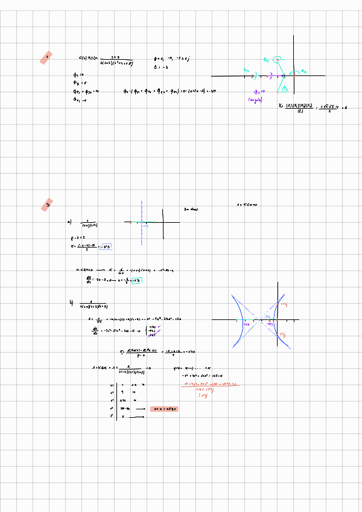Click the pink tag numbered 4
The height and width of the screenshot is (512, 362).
(x=46, y=58)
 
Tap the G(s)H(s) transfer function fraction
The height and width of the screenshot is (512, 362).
(x=110, y=59)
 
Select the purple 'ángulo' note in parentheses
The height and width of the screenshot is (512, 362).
(x=255, y=101)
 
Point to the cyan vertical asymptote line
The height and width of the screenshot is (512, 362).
(x=141, y=223)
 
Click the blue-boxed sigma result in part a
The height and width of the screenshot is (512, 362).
(x=107, y=246)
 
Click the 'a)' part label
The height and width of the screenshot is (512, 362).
(x=69, y=222)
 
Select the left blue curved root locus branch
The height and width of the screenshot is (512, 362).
(x=237, y=320)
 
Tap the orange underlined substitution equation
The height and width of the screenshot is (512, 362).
(x=208, y=383)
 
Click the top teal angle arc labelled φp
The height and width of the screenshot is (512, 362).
(x=277, y=59)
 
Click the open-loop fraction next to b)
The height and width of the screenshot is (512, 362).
(x=94, y=305)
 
